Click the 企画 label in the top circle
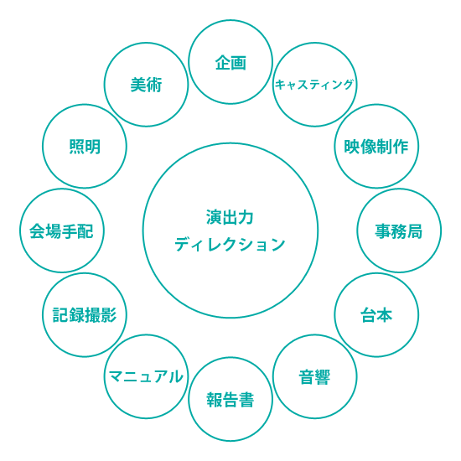[x=230, y=63]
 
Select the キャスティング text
[x=314, y=85]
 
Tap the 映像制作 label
[x=376, y=147]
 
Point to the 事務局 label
[x=399, y=231]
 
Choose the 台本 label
[x=376, y=315]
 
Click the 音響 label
[x=314, y=377]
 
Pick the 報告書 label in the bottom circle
[x=230, y=400]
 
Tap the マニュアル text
[x=146, y=376]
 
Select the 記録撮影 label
[x=85, y=315]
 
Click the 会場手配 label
[x=61, y=231]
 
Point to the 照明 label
[x=85, y=147]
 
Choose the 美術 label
[x=146, y=85]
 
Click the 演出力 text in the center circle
[x=230, y=218]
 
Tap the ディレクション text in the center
[x=230, y=244]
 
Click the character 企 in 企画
[x=223, y=63]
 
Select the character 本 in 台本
[x=385, y=315]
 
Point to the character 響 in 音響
[x=323, y=377]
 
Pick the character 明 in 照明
[x=93, y=147]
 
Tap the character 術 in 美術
[x=154, y=85]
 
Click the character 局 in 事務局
[x=415, y=231]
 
